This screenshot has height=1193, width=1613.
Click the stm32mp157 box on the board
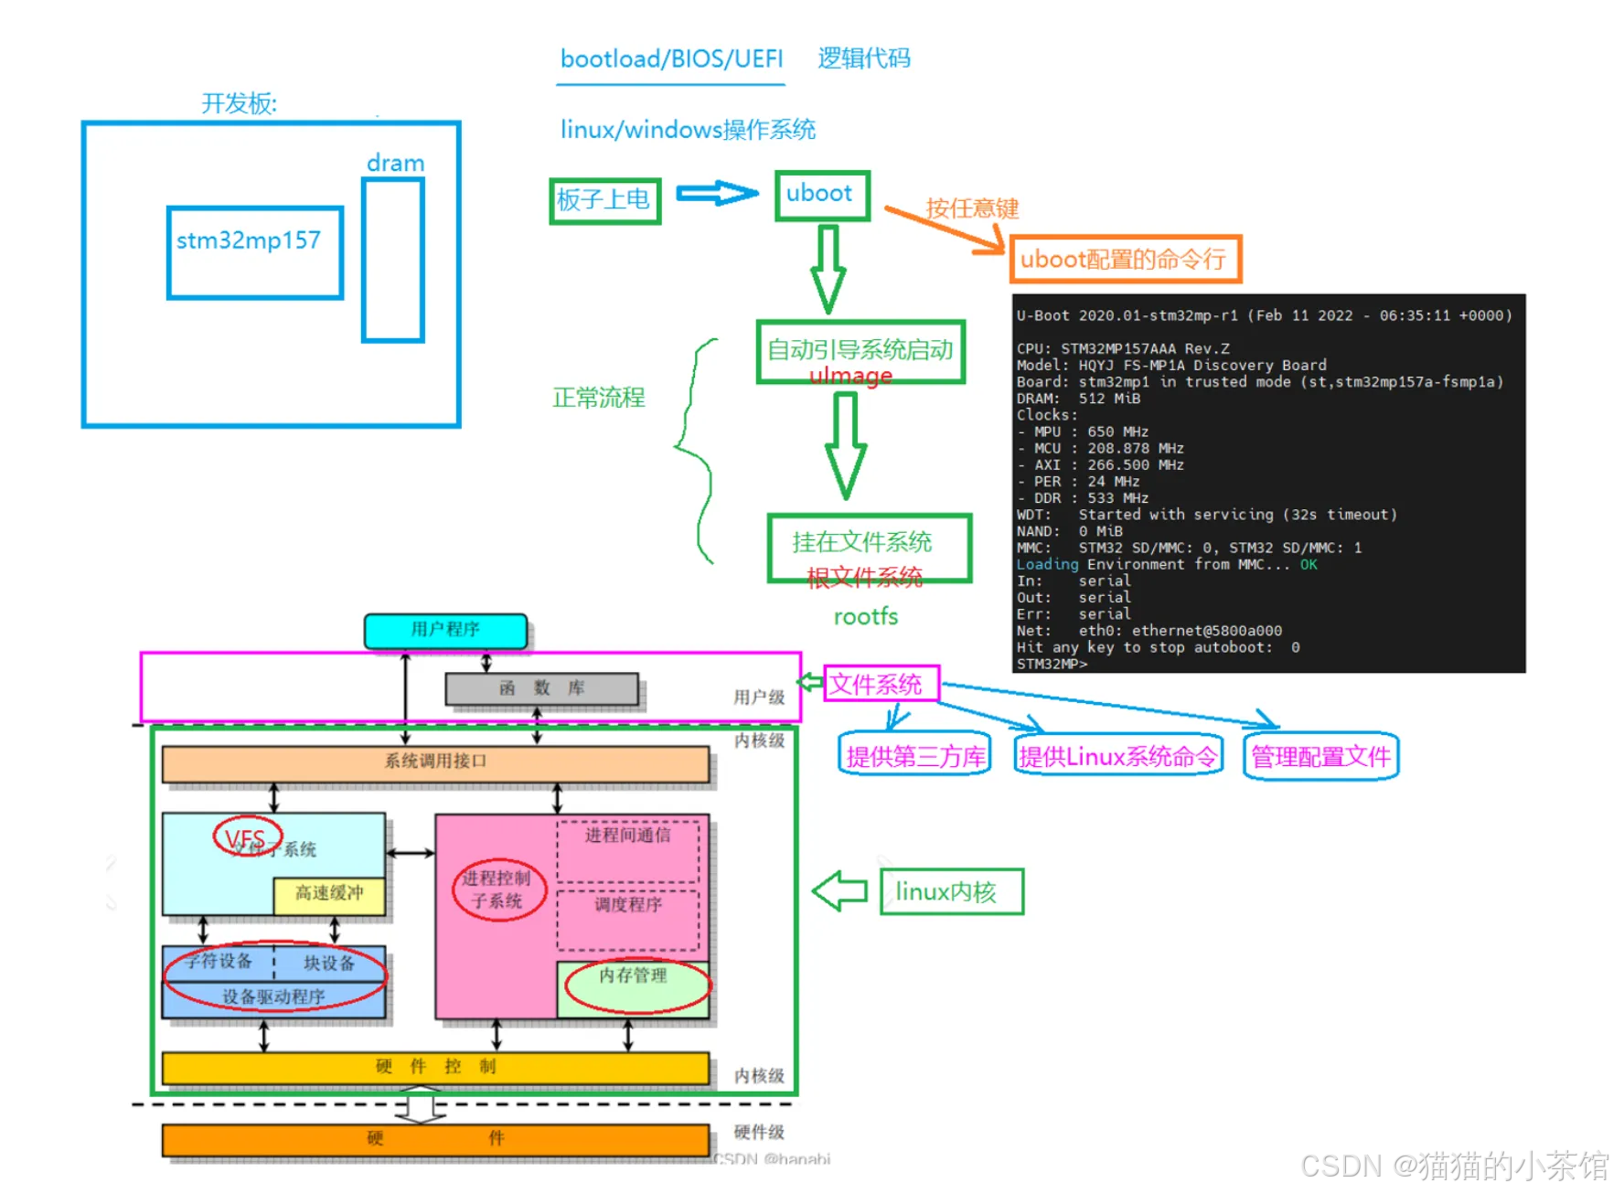pyautogui.click(x=255, y=252)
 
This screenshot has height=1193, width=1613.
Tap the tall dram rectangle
pyautogui.click(x=393, y=260)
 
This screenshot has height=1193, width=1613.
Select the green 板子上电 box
pyautogui.click(x=604, y=200)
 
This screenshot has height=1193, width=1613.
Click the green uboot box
pyautogui.click(x=821, y=195)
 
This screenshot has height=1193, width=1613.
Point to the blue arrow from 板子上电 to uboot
pyautogui.click(x=717, y=193)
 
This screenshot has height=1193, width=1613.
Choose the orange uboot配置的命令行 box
pyautogui.click(x=1124, y=259)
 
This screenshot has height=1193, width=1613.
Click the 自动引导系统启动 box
pyautogui.click(x=860, y=351)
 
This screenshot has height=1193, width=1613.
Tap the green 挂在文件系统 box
pyautogui.click(x=867, y=546)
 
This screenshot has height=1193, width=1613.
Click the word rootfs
pyautogui.click(x=865, y=617)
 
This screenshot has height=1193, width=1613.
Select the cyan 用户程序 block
pyautogui.click(x=445, y=630)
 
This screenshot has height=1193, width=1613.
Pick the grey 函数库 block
pyautogui.click(x=541, y=688)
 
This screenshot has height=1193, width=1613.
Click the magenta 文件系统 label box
pyautogui.click(x=880, y=684)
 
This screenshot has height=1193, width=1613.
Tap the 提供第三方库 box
pyautogui.click(x=914, y=756)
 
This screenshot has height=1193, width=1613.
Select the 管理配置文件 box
pyautogui.click(x=1320, y=756)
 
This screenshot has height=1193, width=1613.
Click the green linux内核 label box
pyautogui.click(x=951, y=891)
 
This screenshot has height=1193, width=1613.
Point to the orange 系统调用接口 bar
pyautogui.click(x=435, y=763)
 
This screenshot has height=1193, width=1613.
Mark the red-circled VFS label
pyautogui.click(x=246, y=837)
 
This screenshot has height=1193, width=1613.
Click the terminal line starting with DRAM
pyautogui.click(x=1079, y=399)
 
